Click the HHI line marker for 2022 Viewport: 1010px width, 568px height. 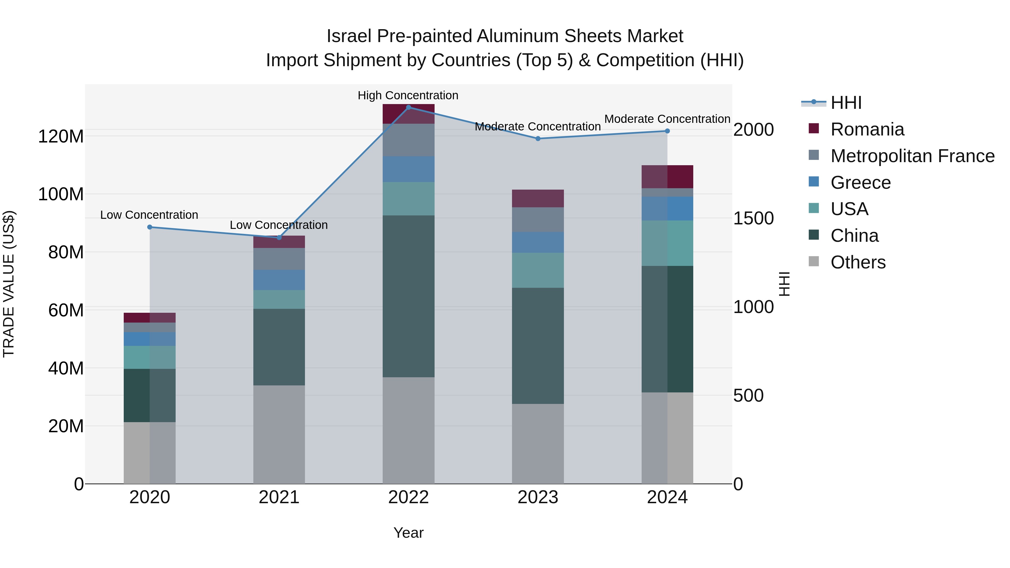[408, 107]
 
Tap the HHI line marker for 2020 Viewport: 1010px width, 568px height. [150, 227]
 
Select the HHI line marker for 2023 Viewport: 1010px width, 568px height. [538, 138]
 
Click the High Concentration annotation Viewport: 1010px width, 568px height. [408, 95]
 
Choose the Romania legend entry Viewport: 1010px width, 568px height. [867, 129]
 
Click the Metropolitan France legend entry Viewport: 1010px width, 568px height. [912, 156]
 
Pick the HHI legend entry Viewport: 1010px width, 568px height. [846, 103]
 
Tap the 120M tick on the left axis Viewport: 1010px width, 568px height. [61, 136]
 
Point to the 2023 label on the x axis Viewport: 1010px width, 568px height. [538, 497]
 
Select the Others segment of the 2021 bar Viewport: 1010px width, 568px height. [279, 434]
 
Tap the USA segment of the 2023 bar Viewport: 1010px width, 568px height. [538, 270]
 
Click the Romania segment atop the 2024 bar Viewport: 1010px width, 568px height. [667, 176]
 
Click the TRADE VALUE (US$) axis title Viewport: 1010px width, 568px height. [9, 284]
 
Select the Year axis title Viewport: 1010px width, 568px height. [408, 533]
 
